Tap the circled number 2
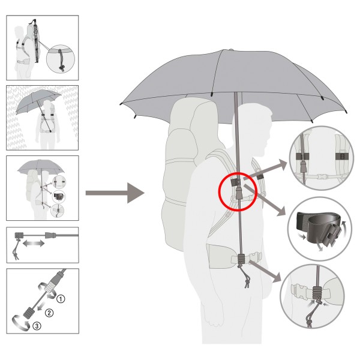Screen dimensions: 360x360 pos(50,312)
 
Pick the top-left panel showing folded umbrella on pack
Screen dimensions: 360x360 pos(42,47)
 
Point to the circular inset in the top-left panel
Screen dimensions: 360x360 pos(62,58)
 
